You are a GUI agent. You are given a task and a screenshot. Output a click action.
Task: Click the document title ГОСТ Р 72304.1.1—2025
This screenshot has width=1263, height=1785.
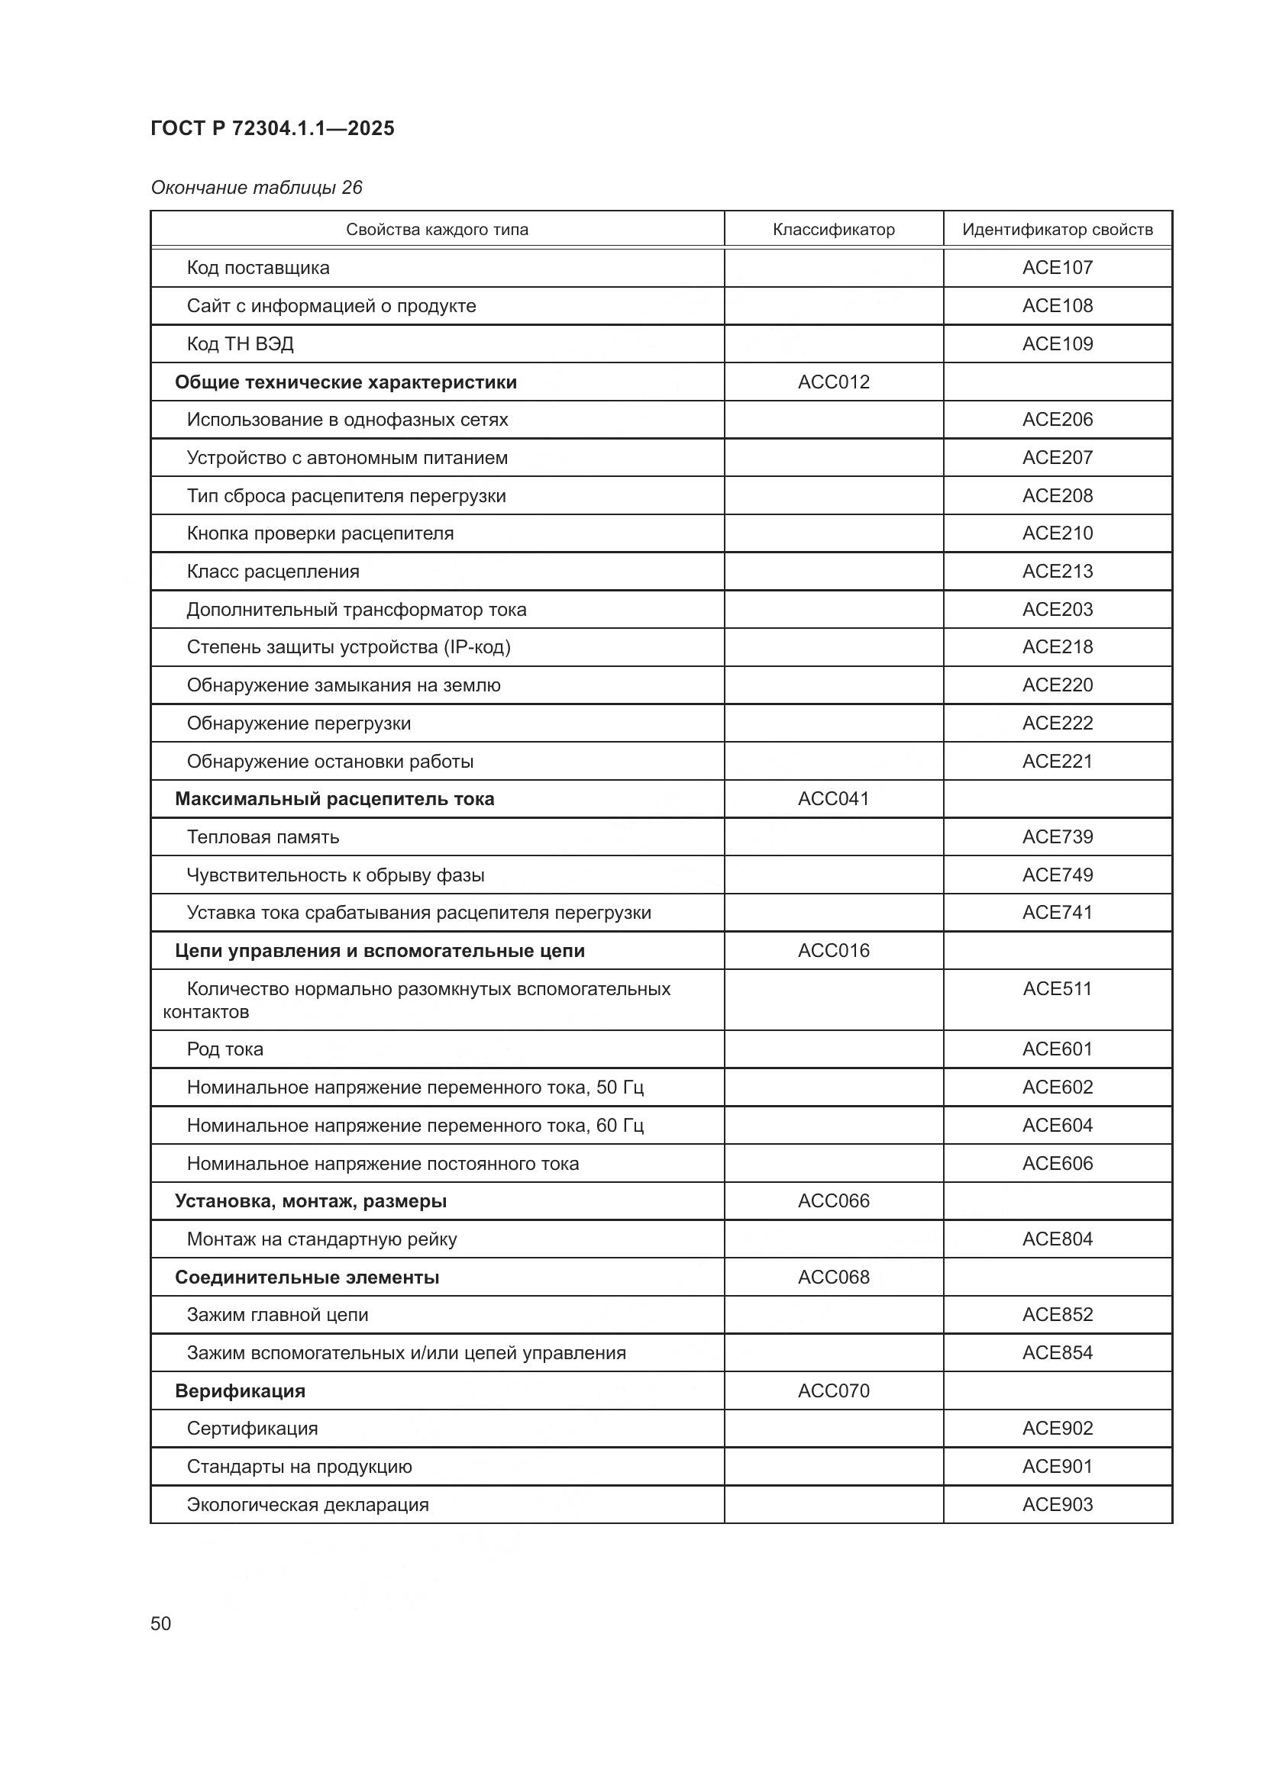pos(272,128)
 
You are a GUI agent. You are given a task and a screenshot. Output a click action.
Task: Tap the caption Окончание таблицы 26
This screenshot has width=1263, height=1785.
pos(257,188)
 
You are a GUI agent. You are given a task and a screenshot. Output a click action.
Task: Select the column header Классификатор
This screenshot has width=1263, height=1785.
pos(833,230)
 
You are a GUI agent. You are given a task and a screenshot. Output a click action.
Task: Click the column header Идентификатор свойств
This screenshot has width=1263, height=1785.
pos(1057,230)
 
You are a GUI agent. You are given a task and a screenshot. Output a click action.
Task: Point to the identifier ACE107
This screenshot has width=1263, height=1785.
pos(1057,267)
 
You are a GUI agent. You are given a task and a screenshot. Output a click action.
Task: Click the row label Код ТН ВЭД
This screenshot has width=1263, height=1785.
pos(241,343)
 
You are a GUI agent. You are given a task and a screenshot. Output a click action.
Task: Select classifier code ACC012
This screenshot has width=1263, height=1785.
pos(833,382)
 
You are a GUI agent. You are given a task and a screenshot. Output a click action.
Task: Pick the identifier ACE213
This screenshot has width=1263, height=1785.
pos(1057,572)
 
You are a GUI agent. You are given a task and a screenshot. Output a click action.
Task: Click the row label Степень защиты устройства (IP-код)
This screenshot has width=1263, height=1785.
pos(348,647)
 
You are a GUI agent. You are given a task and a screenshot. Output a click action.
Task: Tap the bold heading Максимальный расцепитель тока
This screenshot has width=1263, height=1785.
pos(334,799)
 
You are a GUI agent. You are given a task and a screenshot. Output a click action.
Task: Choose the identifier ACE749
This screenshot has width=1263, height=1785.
pos(1057,875)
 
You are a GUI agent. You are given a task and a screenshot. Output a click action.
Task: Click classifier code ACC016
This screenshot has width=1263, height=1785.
pos(833,951)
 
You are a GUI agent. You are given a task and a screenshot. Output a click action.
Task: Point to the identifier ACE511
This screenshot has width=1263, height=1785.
pos(1057,989)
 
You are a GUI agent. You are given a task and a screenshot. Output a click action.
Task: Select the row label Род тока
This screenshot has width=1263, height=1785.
pos(224,1049)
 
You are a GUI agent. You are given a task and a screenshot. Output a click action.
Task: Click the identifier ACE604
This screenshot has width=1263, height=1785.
pos(1057,1125)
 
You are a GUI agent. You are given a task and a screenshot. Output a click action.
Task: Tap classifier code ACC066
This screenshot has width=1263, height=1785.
pos(833,1201)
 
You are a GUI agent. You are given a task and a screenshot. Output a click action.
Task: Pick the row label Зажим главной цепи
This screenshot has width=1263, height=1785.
pos(278,1315)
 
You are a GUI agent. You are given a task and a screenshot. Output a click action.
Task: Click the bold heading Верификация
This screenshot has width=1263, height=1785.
pos(240,1391)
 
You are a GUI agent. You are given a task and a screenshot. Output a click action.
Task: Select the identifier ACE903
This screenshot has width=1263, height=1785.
pos(1057,1504)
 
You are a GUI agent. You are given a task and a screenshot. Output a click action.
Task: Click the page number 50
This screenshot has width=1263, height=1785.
pos(161,1623)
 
